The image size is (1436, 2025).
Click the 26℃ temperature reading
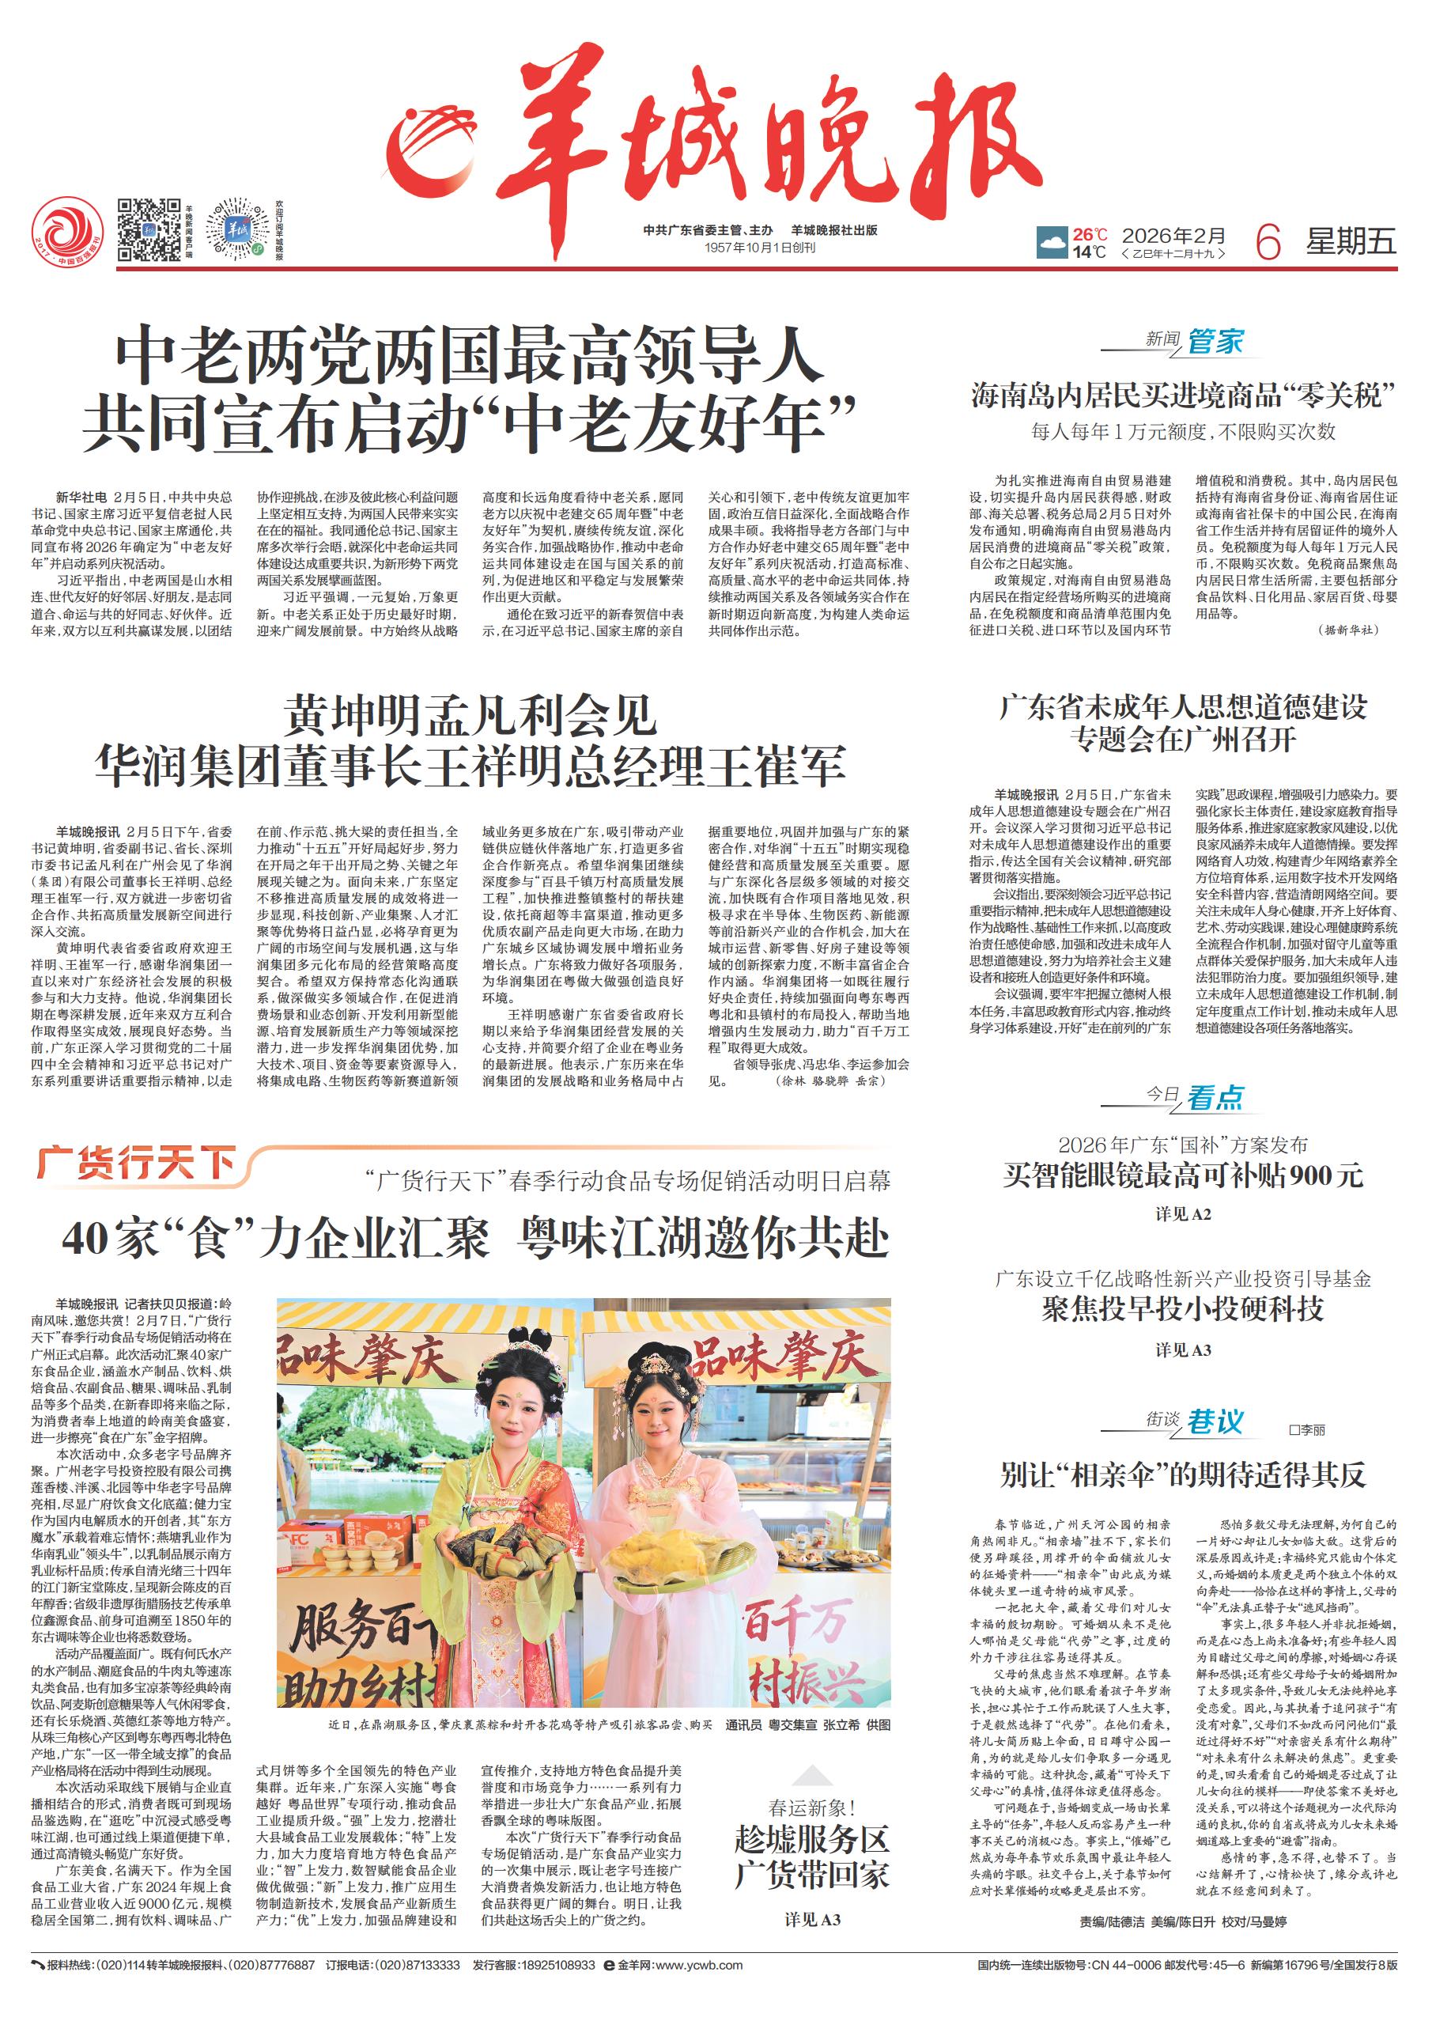(1090, 234)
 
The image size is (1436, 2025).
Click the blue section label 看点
(1214, 1097)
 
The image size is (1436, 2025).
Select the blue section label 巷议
(1214, 1422)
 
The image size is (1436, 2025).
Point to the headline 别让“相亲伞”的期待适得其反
(1183, 1475)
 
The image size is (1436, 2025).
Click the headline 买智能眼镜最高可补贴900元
(1183, 1175)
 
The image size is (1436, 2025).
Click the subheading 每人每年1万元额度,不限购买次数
(1183, 433)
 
